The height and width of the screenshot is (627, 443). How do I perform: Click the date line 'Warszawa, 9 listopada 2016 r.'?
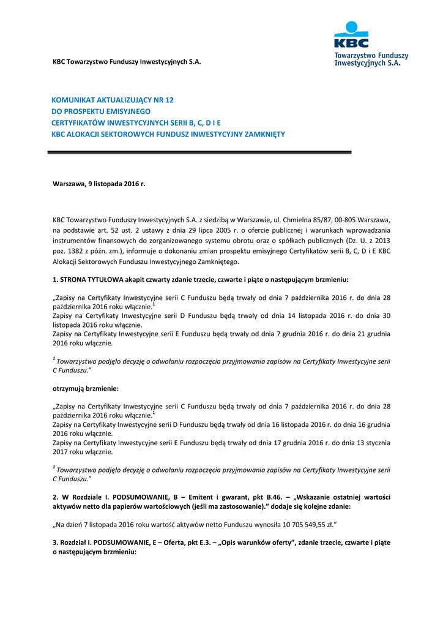click(99, 183)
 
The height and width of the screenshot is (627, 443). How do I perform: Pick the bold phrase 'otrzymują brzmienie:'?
click(85, 389)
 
